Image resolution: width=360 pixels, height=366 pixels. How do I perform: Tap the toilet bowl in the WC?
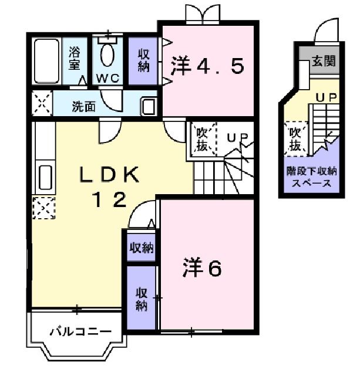[107, 55]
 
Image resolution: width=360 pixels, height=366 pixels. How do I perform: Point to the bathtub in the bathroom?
[46, 61]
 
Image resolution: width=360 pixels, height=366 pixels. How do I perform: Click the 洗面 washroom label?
[84, 107]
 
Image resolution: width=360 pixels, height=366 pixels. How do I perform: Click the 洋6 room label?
[200, 269]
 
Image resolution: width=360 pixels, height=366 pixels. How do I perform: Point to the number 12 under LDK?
[109, 200]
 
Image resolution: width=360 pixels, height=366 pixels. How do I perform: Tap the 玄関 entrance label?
[325, 61]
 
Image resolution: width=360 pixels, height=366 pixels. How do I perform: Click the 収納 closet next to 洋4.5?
[144, 60]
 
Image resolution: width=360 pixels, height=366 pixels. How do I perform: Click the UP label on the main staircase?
[238, 138]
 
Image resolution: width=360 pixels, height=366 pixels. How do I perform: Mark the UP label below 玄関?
[327, 98]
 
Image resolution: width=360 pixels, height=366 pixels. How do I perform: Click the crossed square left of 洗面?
[41, 106]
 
